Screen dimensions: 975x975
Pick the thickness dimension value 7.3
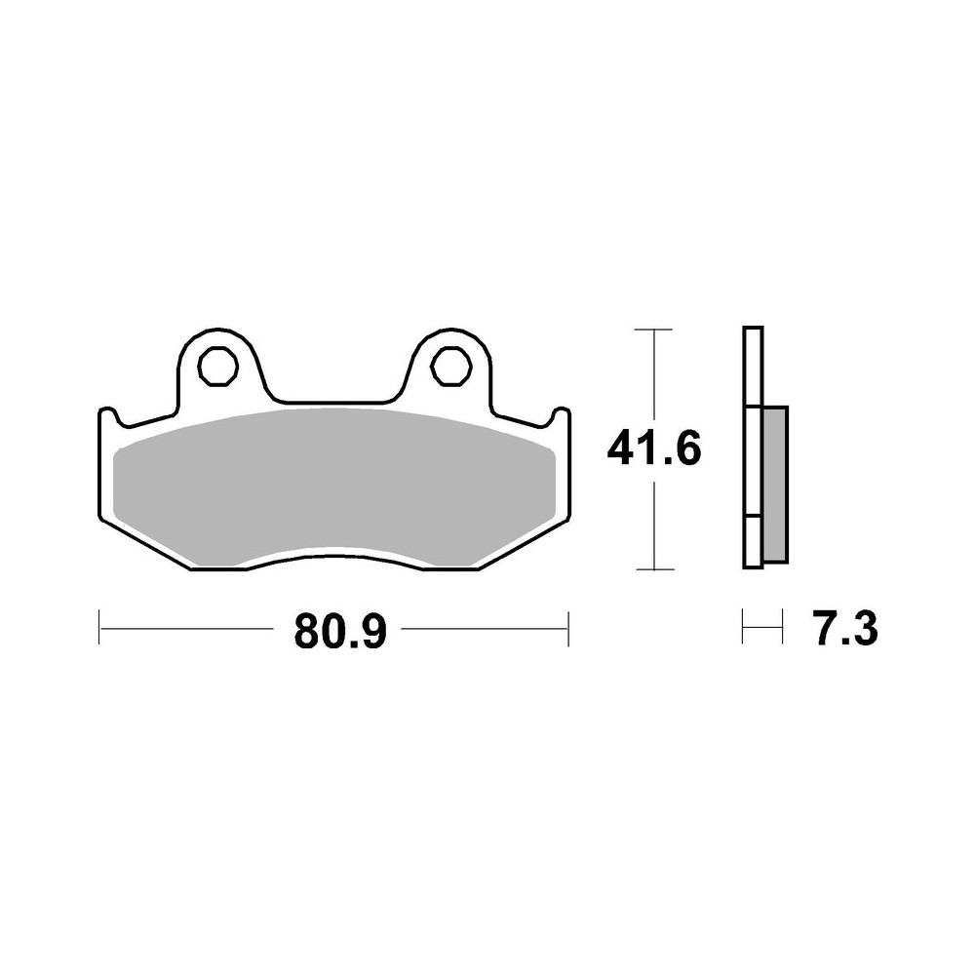843,630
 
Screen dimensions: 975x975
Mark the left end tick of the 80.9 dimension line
100,629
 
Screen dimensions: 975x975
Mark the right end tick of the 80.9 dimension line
567,629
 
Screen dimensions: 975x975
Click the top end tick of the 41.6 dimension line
653,331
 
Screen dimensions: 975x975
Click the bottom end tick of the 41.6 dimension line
653,568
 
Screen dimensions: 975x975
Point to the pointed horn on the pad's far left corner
107,414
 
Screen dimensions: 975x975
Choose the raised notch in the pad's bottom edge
333,558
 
